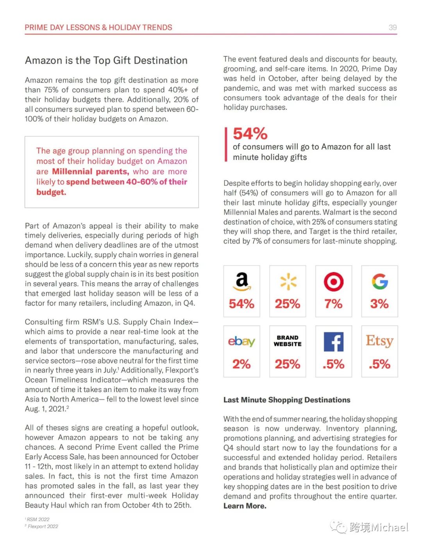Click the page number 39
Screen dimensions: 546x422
coord(393,27)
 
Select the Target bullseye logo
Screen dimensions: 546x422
coord(334,282)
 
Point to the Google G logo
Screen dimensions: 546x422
coord(380,281)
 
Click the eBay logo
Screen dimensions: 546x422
coord(241,342)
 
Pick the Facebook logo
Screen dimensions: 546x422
coord(334,342)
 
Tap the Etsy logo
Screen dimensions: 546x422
coord(379,341)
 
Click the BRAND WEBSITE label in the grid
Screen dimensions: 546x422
coord(288,341)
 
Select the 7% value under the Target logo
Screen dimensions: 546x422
coord(334,304)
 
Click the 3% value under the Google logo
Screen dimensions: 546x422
coord(380,304)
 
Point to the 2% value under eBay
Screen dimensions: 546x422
coord(241,364)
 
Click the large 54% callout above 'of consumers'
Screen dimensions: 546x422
coord(250,134)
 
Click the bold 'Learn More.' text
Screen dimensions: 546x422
coord(245,506)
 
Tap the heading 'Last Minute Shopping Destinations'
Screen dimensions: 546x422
coord(287,400)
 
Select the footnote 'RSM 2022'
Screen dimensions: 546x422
coord(38,519)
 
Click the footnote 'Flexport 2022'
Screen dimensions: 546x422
coord(43,526)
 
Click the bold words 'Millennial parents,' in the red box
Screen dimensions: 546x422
coord(90,172)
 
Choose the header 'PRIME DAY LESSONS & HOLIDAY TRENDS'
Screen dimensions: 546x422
coord(98,27)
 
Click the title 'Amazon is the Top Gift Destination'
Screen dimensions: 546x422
coord(106,61)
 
